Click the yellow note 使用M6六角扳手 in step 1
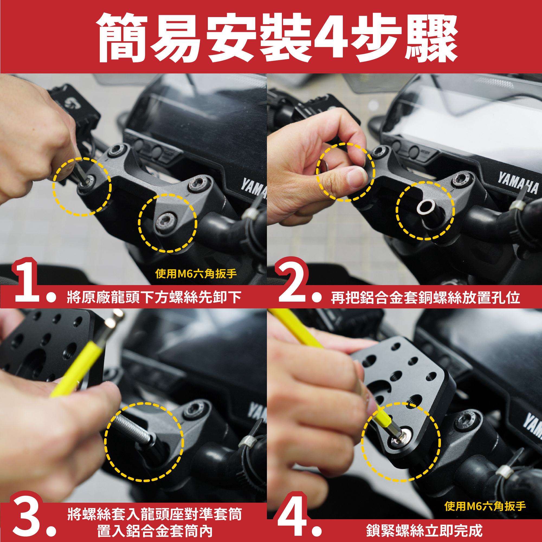(196, 273)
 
